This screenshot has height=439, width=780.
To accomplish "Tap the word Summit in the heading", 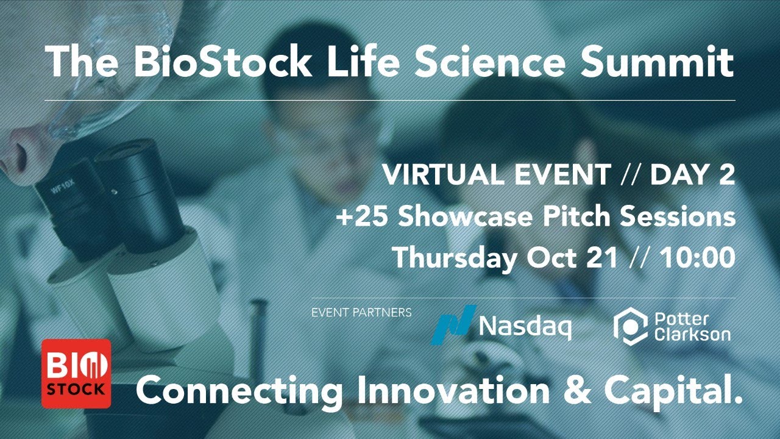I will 658,63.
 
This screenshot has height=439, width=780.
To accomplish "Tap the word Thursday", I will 454,258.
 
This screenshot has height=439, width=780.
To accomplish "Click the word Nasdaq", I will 525,327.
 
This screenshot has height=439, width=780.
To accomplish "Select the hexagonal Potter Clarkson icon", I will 629,326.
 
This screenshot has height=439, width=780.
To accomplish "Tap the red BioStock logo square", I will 76,373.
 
